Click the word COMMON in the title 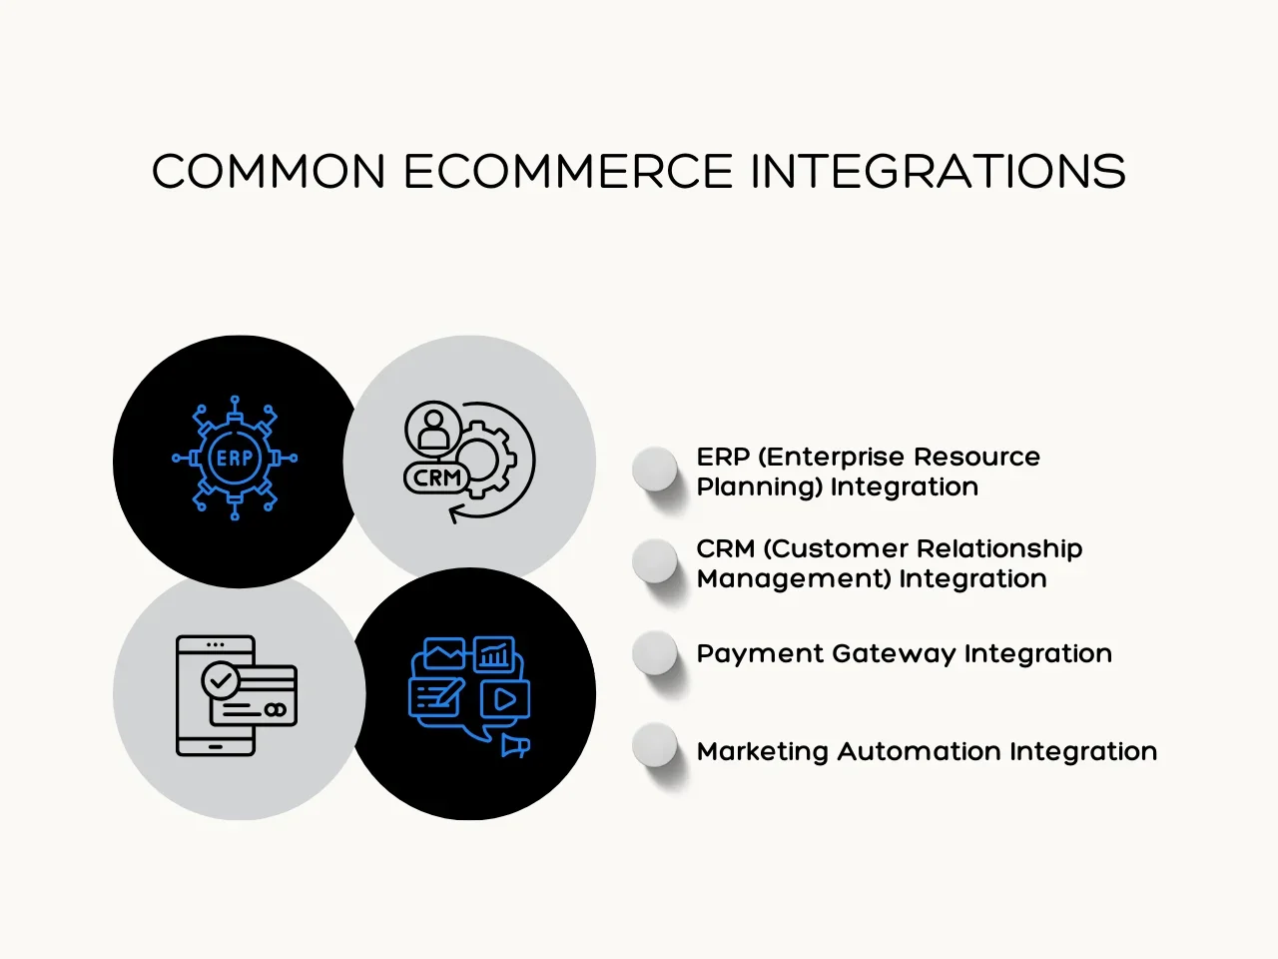(269, 172)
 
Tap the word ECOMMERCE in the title (568, 172)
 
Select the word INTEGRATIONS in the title (938, 172)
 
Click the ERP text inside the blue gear (235, 459)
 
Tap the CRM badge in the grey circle (437, 479)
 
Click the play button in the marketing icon (504, 699)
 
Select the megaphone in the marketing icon (514, 745)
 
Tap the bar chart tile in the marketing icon (493, 655)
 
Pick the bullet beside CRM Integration (655, 560)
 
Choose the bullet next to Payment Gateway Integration (655, 652)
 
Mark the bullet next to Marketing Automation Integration (655, 745)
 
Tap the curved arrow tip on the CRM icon (455, 513)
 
